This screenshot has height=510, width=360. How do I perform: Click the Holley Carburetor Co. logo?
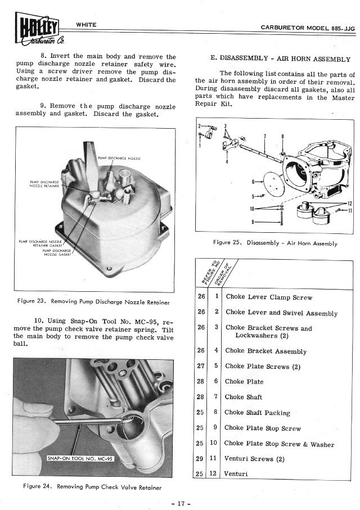click(39, 28)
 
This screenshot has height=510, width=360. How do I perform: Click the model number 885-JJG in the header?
click(343, 28)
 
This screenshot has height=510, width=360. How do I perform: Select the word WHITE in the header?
click(86, 25)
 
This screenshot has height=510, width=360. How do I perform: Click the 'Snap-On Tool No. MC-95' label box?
click(80, 459)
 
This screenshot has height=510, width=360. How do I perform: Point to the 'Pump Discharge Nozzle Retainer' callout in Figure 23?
click(44, 184)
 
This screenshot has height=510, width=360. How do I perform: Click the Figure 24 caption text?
click(92, 487)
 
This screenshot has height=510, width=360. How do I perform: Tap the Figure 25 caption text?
click(275, 243)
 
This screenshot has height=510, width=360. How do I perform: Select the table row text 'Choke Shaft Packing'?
click(257, 413)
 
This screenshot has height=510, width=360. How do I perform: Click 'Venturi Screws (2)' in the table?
click(254, 459)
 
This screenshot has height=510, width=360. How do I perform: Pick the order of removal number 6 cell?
click(216, 381)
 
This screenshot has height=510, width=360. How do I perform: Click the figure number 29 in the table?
click(200, 459)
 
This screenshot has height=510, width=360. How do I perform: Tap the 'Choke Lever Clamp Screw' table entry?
click(269, 297)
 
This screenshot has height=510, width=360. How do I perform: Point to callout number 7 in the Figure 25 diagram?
click(265, 136)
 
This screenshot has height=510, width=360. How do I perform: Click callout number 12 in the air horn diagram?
click(349, 204)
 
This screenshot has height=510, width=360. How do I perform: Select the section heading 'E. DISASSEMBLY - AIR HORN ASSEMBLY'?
click(280, 59)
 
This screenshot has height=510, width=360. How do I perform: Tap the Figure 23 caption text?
click(93, 301)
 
